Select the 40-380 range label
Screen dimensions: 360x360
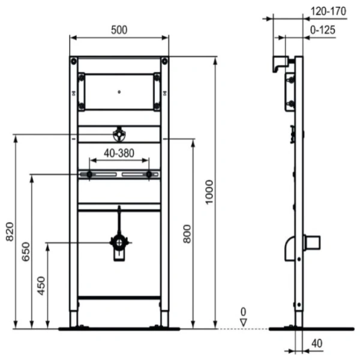point(119,153)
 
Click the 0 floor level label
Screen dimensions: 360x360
point(243,311)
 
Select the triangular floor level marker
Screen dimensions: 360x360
point(243,322)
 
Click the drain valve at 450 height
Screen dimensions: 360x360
point(119,243)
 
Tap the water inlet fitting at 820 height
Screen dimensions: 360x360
point(119,134)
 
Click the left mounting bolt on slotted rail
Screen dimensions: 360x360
point(89,175)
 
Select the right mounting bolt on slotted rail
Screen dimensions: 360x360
point(149,175)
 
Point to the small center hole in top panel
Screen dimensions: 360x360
point(119,92)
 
